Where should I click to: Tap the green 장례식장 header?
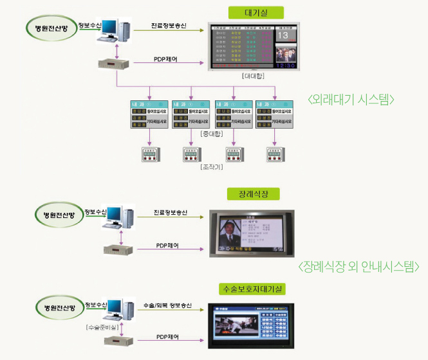(252, 194)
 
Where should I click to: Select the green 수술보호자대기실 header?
(252, 289)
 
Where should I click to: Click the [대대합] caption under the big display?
(253, 76)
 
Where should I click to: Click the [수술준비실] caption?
(102, 327)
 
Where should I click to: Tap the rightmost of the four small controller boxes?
(276, 155)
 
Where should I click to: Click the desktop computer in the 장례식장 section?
(118, 217)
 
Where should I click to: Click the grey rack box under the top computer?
(115, 64)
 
